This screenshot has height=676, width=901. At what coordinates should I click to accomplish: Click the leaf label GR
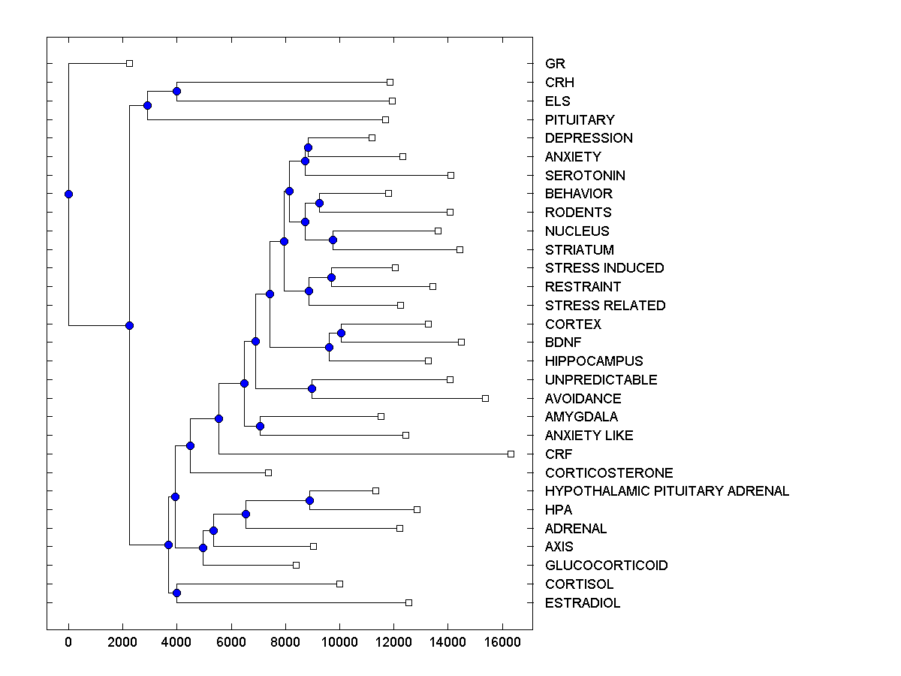pos(555,64)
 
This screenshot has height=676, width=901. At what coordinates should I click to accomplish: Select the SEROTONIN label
pos(585,176)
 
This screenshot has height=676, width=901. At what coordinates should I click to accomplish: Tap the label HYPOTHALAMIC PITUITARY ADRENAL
pos(667,491)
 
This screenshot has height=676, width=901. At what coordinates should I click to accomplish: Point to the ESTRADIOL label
pos(583,603)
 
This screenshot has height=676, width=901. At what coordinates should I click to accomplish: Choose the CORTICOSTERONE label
pos(609,473)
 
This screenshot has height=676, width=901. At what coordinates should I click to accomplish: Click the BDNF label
pos(563,343)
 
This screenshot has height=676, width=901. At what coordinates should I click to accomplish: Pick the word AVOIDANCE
pos(583,399)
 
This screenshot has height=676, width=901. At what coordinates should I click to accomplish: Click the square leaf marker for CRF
pos(511,454)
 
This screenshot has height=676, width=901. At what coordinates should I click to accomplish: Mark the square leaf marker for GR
pos(129,63)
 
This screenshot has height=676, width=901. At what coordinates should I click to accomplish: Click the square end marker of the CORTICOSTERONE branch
pos(268,472)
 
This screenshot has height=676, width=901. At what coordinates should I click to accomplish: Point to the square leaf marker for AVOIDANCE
pos(485,398)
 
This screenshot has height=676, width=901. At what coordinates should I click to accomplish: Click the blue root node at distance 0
pos(68,194)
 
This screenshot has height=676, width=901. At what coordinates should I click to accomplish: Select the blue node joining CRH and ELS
pos(176,92)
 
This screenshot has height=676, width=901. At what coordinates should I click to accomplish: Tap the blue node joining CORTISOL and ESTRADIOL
pos(176,593)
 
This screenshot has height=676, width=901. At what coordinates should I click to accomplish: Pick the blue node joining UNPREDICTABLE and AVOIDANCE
pos(312,388)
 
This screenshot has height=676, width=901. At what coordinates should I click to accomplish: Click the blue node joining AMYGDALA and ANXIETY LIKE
pos(260,426)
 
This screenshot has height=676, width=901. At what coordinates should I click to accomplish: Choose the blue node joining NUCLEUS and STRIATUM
pos(333,240)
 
